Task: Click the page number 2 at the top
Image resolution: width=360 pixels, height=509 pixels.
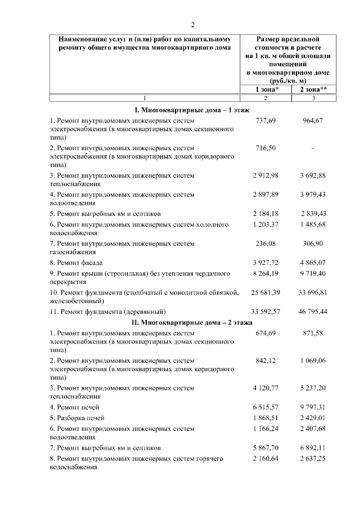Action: pos(192,25)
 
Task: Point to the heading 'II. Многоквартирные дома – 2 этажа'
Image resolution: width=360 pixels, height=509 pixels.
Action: pos(192,322)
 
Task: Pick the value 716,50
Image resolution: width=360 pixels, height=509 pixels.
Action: pos(265,148)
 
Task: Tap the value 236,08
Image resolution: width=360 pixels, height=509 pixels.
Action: pos(265,244)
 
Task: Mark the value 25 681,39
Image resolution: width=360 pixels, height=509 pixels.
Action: pos(265,292)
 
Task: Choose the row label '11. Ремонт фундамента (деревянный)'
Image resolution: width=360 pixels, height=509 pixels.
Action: pos(108,310)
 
